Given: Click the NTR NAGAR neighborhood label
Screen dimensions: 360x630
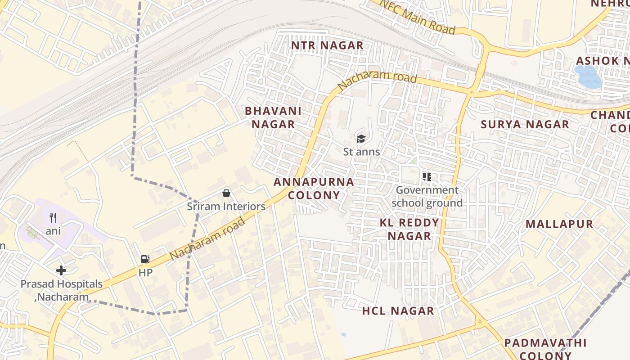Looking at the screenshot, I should pos(327,45).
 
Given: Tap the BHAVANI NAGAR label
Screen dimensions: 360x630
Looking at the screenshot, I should pos(273,117).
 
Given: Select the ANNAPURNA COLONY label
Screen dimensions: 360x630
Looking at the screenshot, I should pos(314,189).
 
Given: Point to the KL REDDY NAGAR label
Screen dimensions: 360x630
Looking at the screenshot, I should pos(409,229).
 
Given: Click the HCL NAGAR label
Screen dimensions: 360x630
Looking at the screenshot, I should pos(398,311).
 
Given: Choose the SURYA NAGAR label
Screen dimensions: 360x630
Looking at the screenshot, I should pos(525,125).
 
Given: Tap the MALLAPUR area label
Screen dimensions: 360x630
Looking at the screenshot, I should pos(559,224).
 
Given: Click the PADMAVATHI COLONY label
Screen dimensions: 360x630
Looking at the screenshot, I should pos(545,349).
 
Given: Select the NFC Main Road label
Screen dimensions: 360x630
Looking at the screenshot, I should pos(418,16).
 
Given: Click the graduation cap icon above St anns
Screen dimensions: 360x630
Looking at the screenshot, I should pos(361,138).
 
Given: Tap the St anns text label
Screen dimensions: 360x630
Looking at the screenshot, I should pos(362,152).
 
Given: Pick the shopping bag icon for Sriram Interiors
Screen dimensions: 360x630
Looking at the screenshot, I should pos(226,193).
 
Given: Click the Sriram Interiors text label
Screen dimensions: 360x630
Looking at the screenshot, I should pos(226,207).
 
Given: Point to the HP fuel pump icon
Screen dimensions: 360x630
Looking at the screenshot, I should pos(145,259).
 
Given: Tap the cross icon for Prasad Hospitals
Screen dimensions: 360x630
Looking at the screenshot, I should pos(61,270).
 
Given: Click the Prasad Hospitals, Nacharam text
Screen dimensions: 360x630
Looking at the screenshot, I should pos(62,290).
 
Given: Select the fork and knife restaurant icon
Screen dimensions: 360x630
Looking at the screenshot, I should pos(53,218).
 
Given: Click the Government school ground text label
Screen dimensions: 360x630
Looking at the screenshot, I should pos(427,197).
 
